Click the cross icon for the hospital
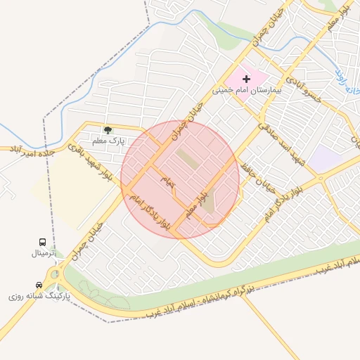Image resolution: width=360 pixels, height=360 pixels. (246, 79)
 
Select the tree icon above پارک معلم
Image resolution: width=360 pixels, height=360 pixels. (108, 130)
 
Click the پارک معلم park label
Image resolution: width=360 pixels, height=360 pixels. (108, 141)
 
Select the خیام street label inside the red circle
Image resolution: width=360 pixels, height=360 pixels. (169, 181)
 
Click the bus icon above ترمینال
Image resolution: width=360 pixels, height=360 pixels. (42, 242)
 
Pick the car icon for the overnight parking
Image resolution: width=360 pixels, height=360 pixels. (39, 285)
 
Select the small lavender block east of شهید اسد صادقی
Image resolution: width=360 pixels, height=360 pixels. (326, 158)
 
